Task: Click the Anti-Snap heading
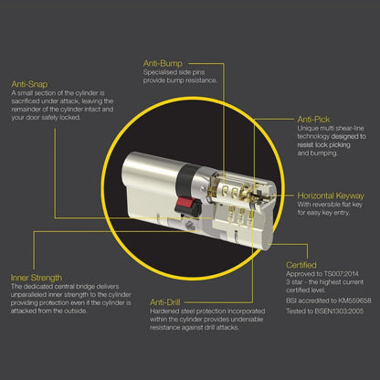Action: pos(29,84)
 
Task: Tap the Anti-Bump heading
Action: pos(163,63)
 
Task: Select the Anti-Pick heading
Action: pos(313,120)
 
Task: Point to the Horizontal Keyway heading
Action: pos(331,195)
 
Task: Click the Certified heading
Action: pos(301,265)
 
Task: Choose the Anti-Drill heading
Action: pos(165,302)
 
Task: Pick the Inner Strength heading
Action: pos(37,278)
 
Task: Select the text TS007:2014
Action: pos(342,274)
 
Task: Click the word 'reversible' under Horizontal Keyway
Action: pos(330,205)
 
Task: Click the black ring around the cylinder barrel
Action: pos(185,180)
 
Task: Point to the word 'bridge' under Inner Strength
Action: pos(85,287)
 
